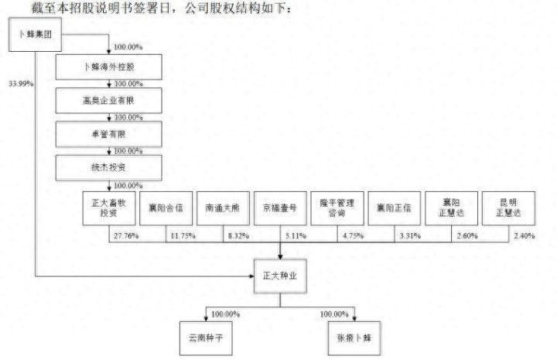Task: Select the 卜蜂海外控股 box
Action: pos(108,67)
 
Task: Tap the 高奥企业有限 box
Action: pos(108,101)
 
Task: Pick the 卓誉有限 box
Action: pos(108,134)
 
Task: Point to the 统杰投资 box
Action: pos(108,167)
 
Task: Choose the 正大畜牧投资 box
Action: pos(109,208)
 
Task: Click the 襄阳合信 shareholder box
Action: pos(166,208)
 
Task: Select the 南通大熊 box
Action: pos(224,208)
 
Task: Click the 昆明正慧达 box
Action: pos(508,208)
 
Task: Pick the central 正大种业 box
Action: pos(281,276)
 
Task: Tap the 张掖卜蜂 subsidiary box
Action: pos(354,339)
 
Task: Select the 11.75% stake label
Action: pos(183,235)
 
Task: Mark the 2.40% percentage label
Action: pos(524,235)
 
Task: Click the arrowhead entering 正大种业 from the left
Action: pos(250,276)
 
